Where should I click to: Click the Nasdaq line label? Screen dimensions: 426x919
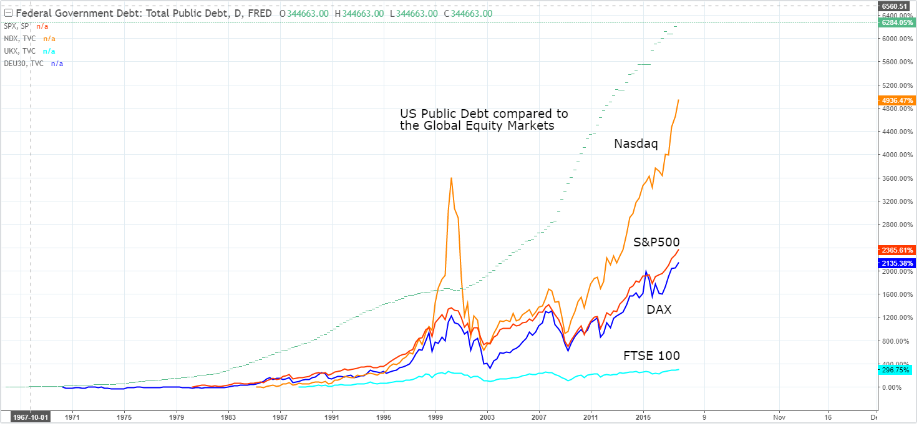636,144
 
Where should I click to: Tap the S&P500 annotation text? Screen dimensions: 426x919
656,242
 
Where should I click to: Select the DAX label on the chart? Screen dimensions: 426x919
659,309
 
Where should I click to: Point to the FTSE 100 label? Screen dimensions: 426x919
651,356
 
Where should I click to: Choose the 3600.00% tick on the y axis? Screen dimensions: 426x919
893,178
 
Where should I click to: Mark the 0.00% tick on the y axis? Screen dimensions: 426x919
891,387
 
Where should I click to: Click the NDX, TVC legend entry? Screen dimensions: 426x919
19,39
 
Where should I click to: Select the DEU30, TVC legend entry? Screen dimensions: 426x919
23,64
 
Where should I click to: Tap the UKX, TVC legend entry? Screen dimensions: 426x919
19,51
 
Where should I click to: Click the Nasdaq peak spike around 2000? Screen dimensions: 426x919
451,178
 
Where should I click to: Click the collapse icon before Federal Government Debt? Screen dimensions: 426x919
8,13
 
